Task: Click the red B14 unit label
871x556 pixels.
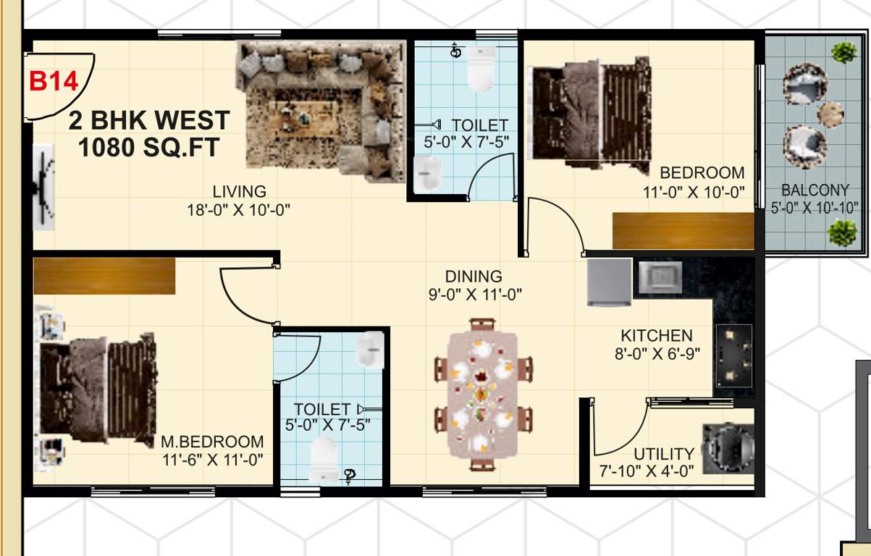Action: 53,81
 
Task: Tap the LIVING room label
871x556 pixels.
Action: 239,192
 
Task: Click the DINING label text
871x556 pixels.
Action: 474,277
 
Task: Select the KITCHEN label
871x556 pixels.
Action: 657,336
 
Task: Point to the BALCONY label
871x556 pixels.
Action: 815,191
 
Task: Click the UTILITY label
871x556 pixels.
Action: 664,454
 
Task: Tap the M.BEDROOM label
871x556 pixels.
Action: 212,442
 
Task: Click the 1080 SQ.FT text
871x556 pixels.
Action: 148,148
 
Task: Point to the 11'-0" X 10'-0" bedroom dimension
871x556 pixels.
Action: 694,193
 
